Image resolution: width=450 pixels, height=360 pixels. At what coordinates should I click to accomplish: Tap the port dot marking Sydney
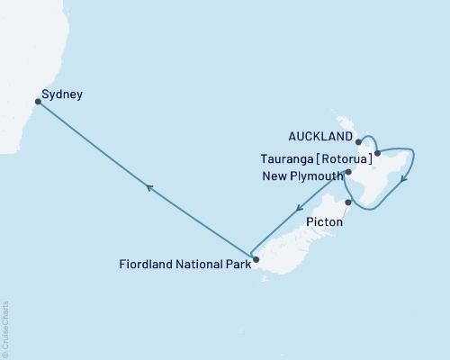pos(37,102)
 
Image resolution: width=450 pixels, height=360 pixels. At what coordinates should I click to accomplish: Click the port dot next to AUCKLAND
pos(358,142)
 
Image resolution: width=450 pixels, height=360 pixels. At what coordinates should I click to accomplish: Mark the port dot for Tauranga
pos(377,154)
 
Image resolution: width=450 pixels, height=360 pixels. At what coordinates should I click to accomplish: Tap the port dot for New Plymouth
pos(347,171)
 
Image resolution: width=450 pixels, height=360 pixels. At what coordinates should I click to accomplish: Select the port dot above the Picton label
pos(335,202)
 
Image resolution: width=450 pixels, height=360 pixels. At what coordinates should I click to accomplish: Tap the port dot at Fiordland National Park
pos(256,261)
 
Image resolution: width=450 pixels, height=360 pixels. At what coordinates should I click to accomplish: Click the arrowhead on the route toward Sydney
pos(149,186)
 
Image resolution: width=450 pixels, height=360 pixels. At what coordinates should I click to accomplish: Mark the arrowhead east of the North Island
pos(403,177)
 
